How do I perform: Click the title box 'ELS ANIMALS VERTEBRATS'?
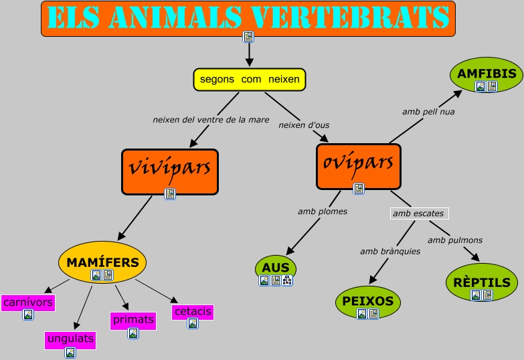(248, 18)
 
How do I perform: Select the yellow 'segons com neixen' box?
(250, 79)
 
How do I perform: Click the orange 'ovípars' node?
(358, 163)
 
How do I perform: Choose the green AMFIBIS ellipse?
(487, 74)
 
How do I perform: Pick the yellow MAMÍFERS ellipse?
(102, 262)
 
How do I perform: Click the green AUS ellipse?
(276, 268)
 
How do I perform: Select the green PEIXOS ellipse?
(367, 300)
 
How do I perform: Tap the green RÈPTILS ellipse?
(482, 282)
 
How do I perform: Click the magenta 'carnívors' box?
(27, 303)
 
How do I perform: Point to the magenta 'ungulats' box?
(70, 339)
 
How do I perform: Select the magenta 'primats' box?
(133, 320)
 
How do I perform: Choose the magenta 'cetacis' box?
(193, 312)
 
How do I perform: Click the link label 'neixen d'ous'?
(304, 124)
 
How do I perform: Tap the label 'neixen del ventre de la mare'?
(211, 120)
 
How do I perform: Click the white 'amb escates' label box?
(418, 213)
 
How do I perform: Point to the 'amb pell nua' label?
(428, 112)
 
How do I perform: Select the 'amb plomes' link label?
(323, 211)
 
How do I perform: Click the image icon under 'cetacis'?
(193, 323)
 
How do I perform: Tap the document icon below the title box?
(249, 36)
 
